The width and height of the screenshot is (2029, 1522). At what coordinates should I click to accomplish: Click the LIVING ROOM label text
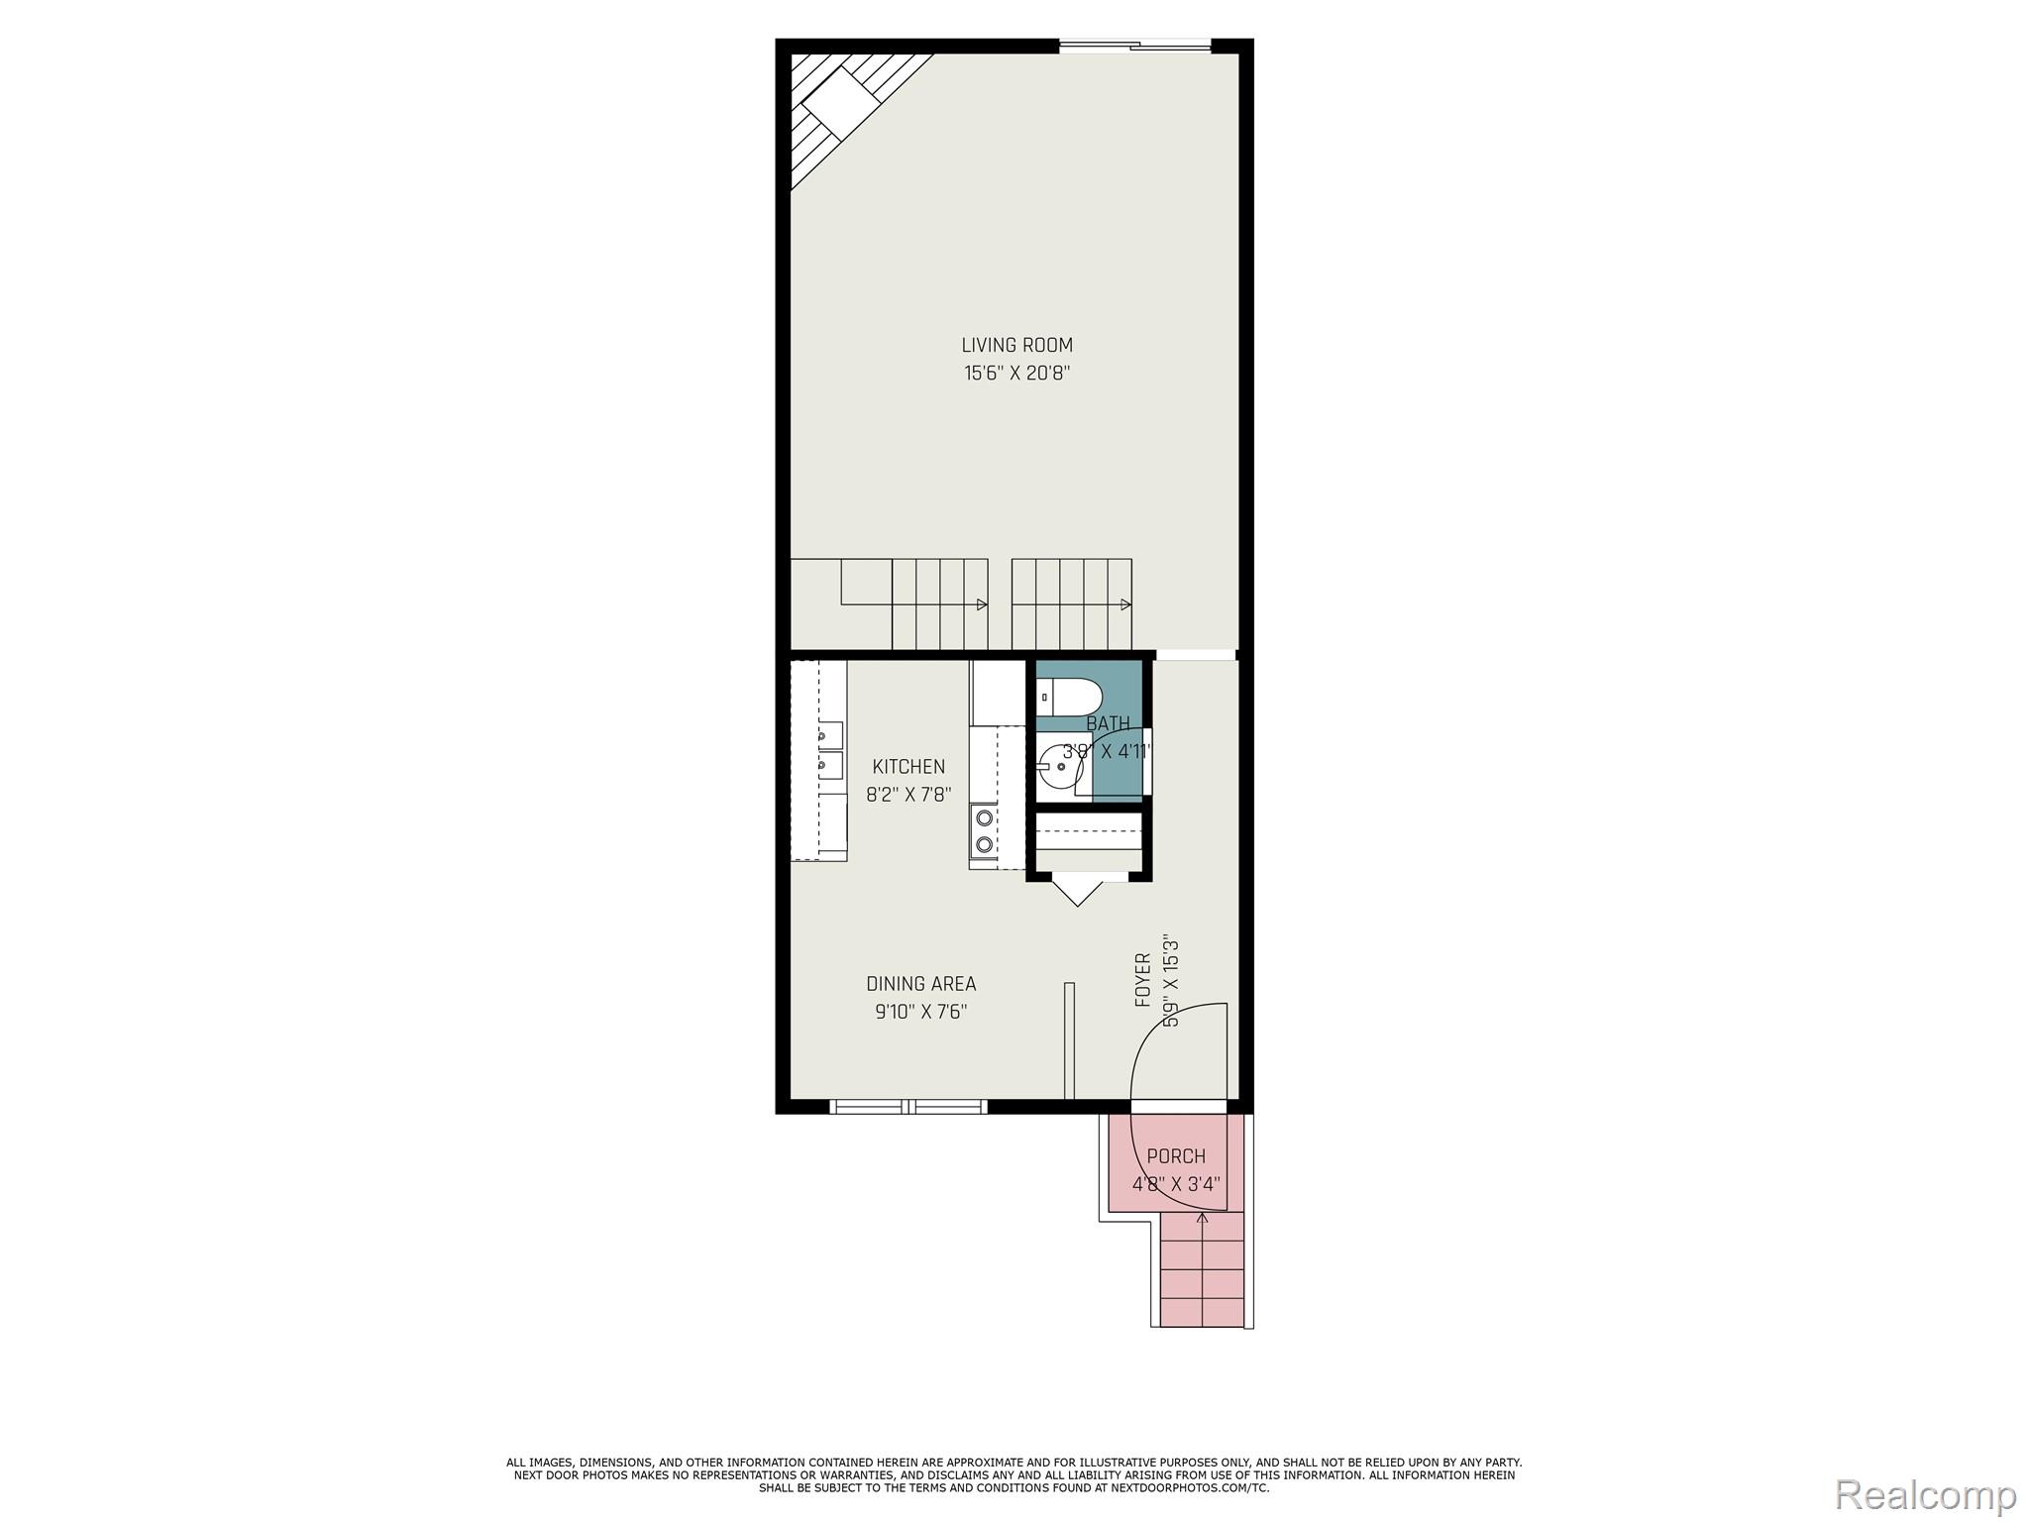point(1016,345)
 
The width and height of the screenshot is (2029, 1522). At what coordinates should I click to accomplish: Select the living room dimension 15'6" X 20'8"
point(1016,374)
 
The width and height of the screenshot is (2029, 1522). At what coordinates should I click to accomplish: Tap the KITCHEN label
point(908,766)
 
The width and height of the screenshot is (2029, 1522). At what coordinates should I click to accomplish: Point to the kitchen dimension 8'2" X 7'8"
point(908,795)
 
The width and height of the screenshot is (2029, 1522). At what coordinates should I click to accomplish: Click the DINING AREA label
point(920,984)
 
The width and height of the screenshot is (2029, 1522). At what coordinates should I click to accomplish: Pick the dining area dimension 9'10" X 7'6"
point(920,1012)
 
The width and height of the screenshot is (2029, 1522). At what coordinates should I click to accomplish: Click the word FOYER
point(1143,980)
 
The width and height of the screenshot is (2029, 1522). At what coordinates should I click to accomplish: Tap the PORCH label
point(1176,1156)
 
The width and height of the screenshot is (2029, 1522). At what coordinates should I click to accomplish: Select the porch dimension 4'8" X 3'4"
point(1176,1184)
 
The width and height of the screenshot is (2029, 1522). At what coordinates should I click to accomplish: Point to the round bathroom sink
point(1056,767)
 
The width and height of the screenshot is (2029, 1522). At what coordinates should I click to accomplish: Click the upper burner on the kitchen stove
point(985,817)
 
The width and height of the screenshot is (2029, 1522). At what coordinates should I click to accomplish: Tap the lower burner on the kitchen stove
point(985,844)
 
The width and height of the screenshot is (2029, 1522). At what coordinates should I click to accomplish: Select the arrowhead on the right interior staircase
point(1125,604)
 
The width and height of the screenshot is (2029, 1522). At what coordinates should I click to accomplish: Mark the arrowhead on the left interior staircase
point(982,604)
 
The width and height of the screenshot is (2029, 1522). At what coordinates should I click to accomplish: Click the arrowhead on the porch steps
point(1202,1218)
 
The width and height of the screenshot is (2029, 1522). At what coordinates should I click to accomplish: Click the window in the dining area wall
point(908,1107)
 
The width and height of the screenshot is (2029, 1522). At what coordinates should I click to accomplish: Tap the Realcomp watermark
point(1926,1494)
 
